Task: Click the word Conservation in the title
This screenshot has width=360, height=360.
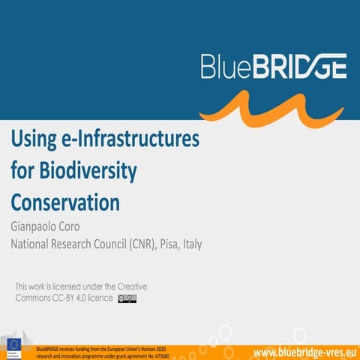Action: [x=65, y=202]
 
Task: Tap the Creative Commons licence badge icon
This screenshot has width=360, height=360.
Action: [x=127, y=298]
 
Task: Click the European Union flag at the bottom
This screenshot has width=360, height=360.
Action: [x=14, y=346]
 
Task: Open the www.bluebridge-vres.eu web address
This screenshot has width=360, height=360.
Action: [x=303, y=351]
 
